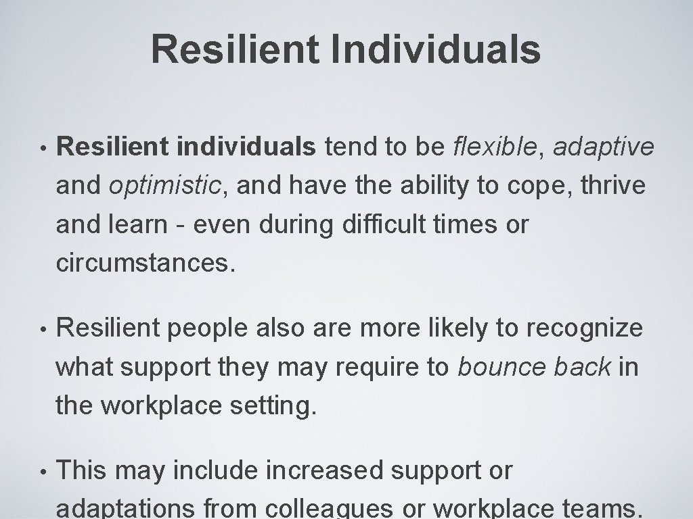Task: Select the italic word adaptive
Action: pyautogui.click(x=604, y=147)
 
